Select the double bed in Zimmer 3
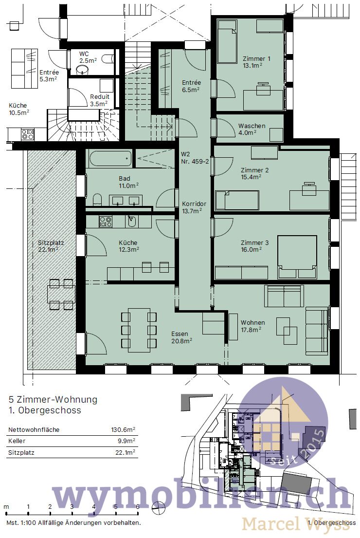pyautogui.click(x=297, y=257)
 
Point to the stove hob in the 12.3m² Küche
pyautogui.click(x=106, y=222)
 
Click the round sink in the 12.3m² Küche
pyautogui.click(x=131, y=222)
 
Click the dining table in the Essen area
pyautogui.click(x=139, y=330)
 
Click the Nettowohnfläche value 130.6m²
pyautogui.click(x=123, y=430)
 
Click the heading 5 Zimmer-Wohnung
pyautogui.click(x=53, y=400)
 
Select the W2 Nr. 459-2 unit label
pyautogui.click(x=194, y=158)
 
